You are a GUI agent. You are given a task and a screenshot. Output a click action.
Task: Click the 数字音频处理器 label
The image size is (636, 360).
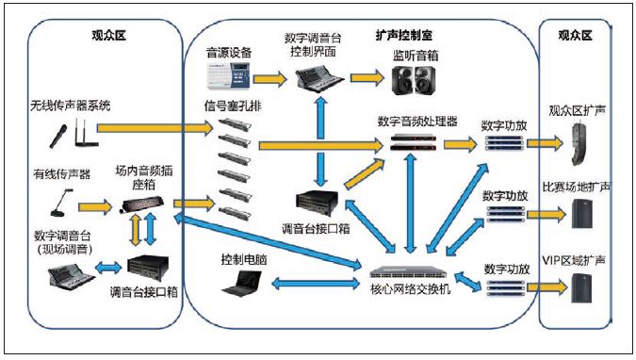tap(416, 122)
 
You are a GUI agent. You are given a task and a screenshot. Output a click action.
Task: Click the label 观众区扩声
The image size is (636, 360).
tap(575, 110)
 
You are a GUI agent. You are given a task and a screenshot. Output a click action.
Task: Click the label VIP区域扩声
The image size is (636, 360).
tap(575, 259)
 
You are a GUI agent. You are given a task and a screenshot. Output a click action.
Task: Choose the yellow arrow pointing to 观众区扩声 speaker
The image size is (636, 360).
tap(543, 144)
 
